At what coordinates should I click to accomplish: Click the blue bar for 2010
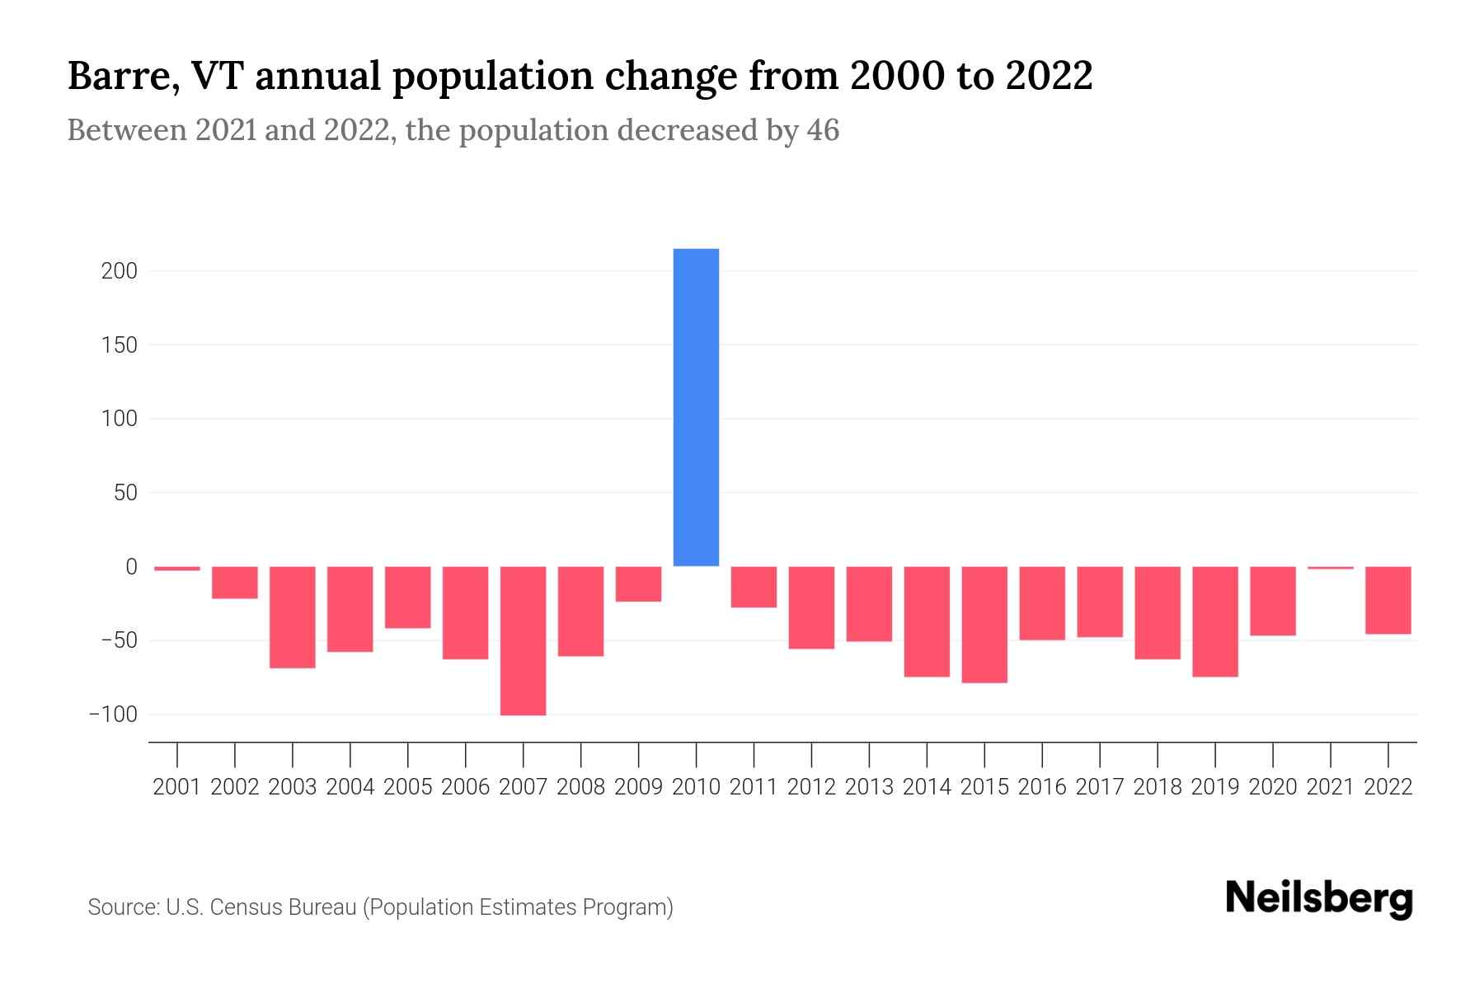click(696, 407)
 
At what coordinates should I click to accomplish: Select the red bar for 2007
click(523, 640)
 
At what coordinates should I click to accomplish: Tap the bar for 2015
click(984, 624)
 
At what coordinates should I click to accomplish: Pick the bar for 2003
click(293, 616)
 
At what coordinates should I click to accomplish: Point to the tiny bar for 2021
click(1330, 568)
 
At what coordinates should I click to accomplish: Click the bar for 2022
click(1388, 600)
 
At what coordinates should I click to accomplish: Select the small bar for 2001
click(177, 569)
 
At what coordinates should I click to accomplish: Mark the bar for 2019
click(1214, 621)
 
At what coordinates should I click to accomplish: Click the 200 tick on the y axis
click(119, 271)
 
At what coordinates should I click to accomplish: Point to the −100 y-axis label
click(113, 715)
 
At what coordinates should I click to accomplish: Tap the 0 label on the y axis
click(131, 567)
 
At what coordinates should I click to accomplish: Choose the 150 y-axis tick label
click(119, 345)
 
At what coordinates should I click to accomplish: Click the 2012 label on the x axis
click(811, 787)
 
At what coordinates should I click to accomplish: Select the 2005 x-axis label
click(408, 787)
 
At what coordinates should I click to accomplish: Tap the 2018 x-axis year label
click(1158, 787)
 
